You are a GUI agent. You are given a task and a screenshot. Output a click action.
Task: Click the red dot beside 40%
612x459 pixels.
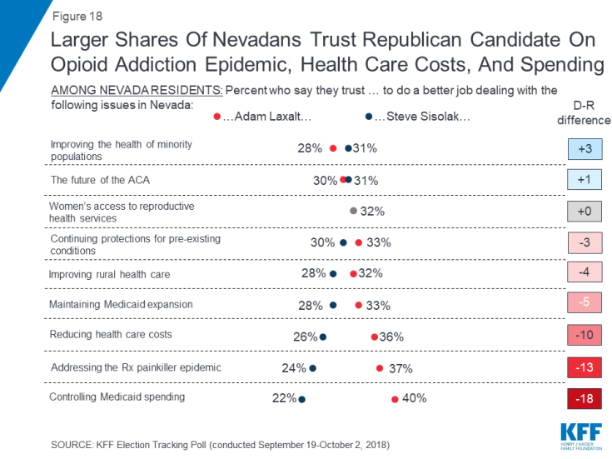[x=395, y=399]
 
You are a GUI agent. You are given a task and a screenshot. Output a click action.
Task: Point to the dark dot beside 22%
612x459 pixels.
[x=302, y=399]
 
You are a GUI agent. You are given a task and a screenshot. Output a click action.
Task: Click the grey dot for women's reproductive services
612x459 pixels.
[x=353, y=212]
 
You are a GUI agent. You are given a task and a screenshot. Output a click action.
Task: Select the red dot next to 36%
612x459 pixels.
[x=374, y=337]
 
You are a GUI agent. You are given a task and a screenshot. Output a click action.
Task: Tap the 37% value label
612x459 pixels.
[x=400, y=368]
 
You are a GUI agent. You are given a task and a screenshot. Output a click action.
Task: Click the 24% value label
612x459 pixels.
[x=295, y=368]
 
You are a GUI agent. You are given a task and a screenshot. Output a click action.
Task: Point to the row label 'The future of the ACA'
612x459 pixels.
[x=101, y=179]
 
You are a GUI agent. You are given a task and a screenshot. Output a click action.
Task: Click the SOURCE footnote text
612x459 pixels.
[x=220, y=443]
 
